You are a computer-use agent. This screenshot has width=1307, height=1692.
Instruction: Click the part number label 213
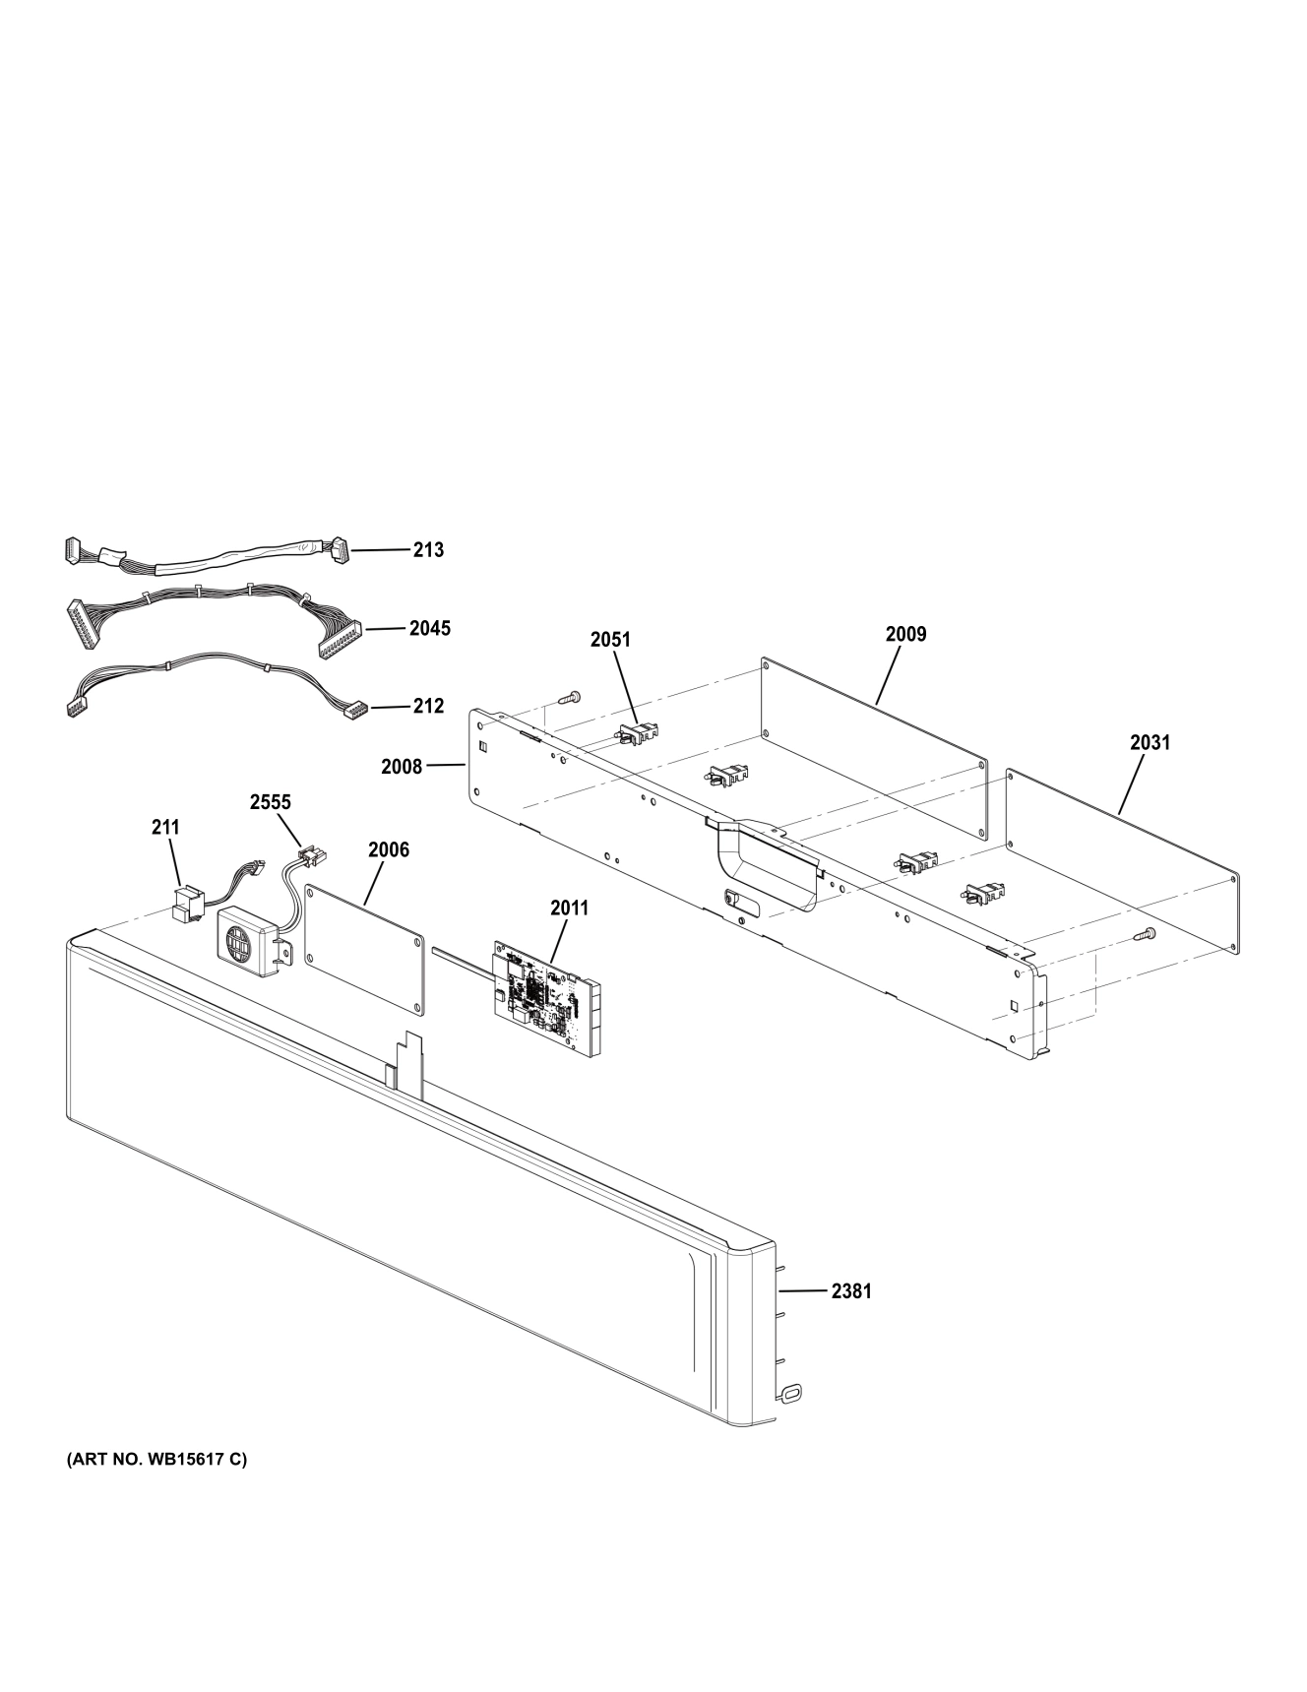coord(427,550)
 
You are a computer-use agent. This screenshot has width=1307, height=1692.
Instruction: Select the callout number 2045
coord(430,628)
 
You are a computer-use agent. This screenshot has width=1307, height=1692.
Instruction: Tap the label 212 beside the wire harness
coord(427,706)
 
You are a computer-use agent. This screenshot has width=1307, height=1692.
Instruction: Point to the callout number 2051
coord(610,640)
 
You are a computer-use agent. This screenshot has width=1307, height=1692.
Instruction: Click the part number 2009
coord(905,634)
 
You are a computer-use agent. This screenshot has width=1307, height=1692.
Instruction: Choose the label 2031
coord(1150,742)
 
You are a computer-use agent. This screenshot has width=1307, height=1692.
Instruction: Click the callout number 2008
coord(402,766)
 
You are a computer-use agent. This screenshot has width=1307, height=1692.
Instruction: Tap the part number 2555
coord(270,802)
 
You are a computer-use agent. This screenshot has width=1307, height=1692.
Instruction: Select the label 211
coord(165,828)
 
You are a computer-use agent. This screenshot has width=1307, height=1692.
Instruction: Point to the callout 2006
coord(388,849)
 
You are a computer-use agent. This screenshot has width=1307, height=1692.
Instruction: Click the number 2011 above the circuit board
coord(569,908)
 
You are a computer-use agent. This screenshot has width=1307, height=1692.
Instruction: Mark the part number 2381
coord(851,1290)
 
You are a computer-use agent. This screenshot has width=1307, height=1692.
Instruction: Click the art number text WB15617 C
coord(156,1459)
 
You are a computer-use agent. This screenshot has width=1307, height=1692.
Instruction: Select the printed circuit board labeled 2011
coord(546,999)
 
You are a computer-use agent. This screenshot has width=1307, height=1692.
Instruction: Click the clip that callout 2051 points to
coord(638,733)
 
